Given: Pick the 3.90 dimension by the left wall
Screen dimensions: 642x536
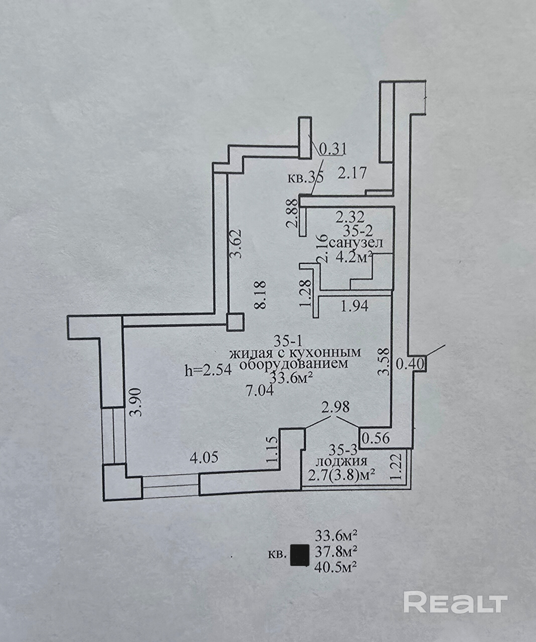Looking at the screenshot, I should pos(136,402).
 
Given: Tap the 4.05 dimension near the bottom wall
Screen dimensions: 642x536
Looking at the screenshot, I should pos(204,457).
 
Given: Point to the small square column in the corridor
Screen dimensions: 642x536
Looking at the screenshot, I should pos(235,322).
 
